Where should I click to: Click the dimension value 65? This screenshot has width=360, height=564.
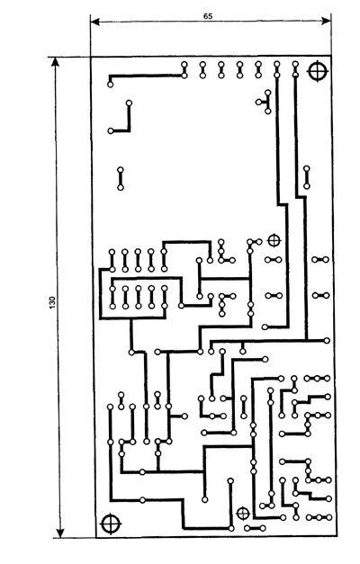click(208, 16)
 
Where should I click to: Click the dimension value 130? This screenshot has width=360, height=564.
click(52, 302)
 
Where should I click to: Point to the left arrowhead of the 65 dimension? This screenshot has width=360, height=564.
click(94, 22)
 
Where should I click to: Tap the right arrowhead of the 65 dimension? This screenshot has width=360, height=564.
click(326, 21)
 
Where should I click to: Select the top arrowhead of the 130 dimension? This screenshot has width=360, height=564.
click(55, 62)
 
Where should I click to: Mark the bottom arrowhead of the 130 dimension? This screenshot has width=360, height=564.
click(60, 533)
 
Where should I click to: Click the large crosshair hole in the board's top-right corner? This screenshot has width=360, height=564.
click(318, 71)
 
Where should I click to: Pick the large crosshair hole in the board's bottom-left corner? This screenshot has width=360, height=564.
click(110, 524)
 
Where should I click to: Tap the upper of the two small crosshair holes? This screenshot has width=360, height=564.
click(274, 240)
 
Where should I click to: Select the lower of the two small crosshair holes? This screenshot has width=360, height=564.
click(243, 514)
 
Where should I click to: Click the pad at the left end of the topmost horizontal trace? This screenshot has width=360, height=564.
click(110, 85)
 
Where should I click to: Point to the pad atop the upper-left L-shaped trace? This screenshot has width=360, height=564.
click(129, 103)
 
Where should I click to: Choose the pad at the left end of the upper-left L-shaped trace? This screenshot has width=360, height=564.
click(111, 131)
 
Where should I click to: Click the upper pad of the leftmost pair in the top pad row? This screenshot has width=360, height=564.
click(184, 65)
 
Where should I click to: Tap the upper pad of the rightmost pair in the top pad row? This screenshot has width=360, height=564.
click(295, 65)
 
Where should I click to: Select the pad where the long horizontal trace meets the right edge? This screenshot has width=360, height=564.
click(327, 340)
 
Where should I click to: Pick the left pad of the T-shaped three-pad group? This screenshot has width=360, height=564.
click(258, 103)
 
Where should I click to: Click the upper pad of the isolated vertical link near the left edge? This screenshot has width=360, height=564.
click(121, 170)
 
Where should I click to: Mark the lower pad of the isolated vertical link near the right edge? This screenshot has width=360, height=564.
click(306, 186)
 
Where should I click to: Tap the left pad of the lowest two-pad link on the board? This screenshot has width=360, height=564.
click(247, 528)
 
